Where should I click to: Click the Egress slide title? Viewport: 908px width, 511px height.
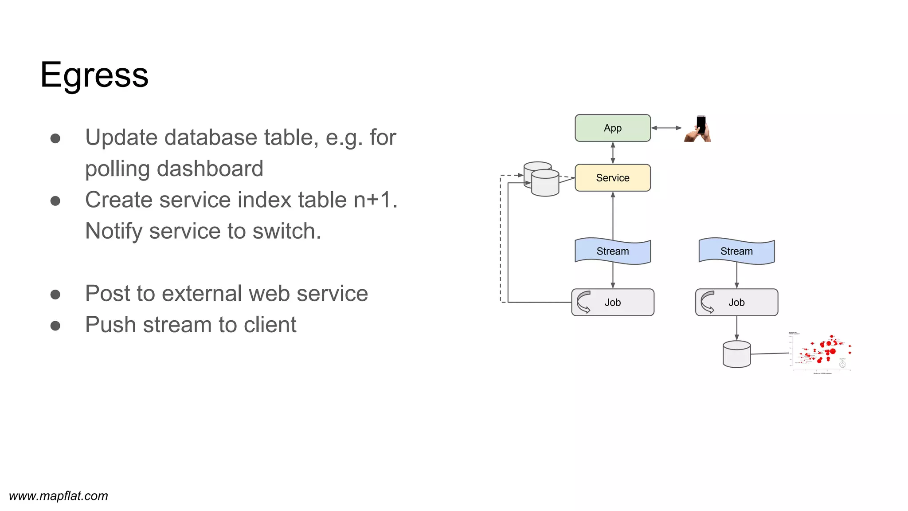point(94,75)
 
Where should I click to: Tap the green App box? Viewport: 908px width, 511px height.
point(612,128)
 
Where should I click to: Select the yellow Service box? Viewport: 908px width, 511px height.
point(612,178)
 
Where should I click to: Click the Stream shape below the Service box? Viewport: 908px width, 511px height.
point(612,251)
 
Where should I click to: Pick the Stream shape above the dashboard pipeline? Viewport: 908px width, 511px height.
point(736,251)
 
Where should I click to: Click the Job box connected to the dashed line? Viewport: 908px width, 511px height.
point(612,303)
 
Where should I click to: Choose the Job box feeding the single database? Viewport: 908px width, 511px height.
point(736,303)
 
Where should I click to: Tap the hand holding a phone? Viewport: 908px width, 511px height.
point(698,129)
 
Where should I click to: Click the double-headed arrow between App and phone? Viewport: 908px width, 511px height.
point(666,128)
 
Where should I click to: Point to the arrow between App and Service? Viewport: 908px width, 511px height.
point(613,153)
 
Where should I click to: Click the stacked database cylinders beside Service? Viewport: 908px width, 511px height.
point(541,179)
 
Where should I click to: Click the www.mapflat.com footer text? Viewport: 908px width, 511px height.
point(59,496)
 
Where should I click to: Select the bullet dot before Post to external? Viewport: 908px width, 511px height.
point(55,295)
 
